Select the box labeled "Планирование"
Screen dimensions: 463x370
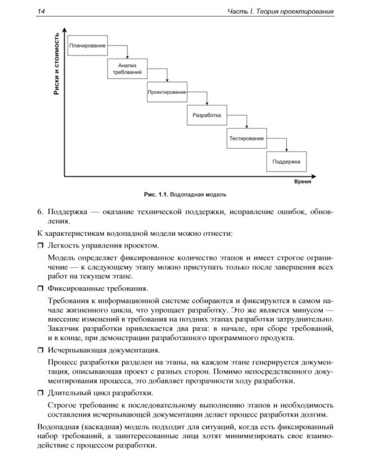[x=87, y=46]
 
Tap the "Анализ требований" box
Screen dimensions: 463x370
[x=127, y=69]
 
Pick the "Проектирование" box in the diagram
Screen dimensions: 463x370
[x=166, y=92]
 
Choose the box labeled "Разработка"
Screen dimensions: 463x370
[x=207, y=115]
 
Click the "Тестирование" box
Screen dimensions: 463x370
[x=247, y=138]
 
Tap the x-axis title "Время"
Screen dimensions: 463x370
[x=302, y=183]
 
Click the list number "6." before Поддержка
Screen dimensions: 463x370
[x=41, y=212]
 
